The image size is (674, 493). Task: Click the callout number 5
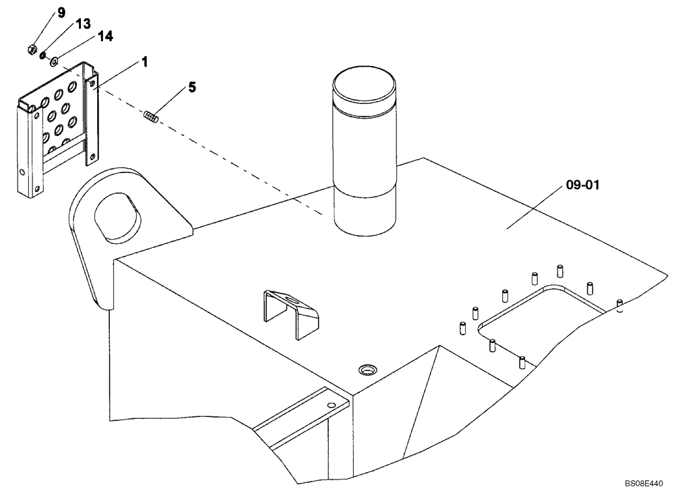[x=192, y=88]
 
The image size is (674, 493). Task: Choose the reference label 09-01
[x=580, y=183]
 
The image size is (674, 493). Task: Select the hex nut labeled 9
[x=31, y=49]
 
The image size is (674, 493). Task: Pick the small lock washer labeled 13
[x=43, y=55]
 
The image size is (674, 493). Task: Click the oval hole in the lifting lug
[x=120, y=218]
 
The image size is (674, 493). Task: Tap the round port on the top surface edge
[x=369, y=369]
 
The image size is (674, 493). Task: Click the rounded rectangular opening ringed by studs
[x=539, y=317]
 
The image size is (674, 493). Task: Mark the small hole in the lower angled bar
[x=330, y=405]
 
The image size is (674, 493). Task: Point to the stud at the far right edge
[x=619, y=306]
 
